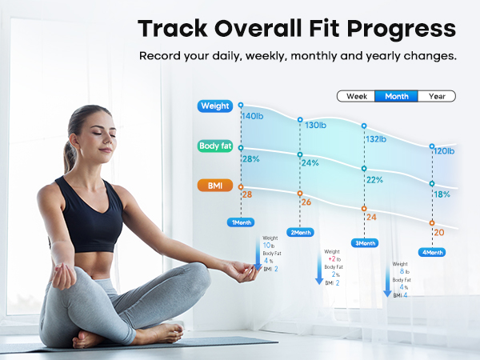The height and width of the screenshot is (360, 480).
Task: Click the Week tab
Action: [x=357, y=96]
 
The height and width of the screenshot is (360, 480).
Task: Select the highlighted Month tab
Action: [x=397, y=96]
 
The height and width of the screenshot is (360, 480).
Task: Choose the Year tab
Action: [x=437, y=96]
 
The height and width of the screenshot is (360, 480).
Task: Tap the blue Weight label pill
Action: [x=215, y=106]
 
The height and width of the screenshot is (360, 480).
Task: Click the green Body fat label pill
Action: [x=215, y=146]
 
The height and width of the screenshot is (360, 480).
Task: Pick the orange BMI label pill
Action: [x=215, y=186]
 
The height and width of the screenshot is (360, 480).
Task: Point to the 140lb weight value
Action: [x=252, y=117]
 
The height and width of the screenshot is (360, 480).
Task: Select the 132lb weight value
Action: [x=376, y=138]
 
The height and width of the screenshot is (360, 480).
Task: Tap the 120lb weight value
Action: [x=443, y=151]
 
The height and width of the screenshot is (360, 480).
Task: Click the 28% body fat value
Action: [x=251, y=159]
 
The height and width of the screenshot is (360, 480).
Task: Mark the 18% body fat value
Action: [x=442, y=194]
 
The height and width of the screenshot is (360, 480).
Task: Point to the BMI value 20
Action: [x=438, y=233]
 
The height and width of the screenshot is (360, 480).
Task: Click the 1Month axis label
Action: [x=242, y=222]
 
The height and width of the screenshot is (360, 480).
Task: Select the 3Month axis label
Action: [x=365, y=242]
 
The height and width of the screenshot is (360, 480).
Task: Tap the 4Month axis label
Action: [x=432, y=252]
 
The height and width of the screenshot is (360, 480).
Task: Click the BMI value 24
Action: [x=370, y=217]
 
